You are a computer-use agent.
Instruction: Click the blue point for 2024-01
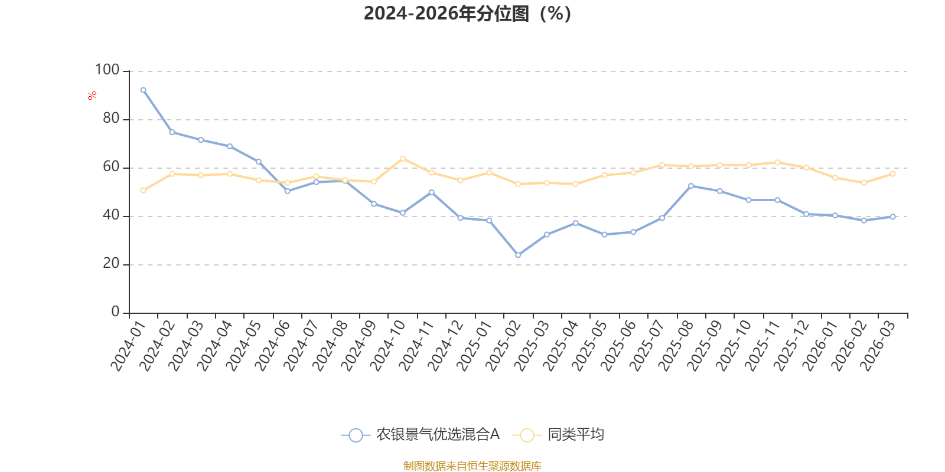[x=144, y=90]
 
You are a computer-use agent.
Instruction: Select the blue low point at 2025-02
[x=518, y=255]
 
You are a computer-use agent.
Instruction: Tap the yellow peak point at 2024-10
[x=403, y=159]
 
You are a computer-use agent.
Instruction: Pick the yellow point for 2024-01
[x=144, y=191]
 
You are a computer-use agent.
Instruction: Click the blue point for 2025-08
[x=691, y=186]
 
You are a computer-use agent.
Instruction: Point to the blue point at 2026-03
[x=892, y=217]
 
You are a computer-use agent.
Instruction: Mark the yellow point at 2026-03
[x=892, y=173]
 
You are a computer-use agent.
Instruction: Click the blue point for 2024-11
[x=432, y=192]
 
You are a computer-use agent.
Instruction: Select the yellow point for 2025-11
[x=777, y=163]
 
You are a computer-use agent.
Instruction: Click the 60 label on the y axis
[x=112, y=167]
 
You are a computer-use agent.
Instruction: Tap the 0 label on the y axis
[x=116, y=312]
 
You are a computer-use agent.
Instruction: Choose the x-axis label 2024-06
[x=272, y=346]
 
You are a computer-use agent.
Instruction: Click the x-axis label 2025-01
[x=474, y=346]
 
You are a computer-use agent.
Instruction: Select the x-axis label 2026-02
[x=849, y=346]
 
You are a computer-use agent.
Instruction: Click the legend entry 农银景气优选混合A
[x=421, y=434]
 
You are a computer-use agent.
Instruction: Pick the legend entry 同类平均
[x=559, y=434]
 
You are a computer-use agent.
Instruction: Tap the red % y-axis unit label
[x=92, y=96]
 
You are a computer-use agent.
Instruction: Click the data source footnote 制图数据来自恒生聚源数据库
[x=472, y=466]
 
